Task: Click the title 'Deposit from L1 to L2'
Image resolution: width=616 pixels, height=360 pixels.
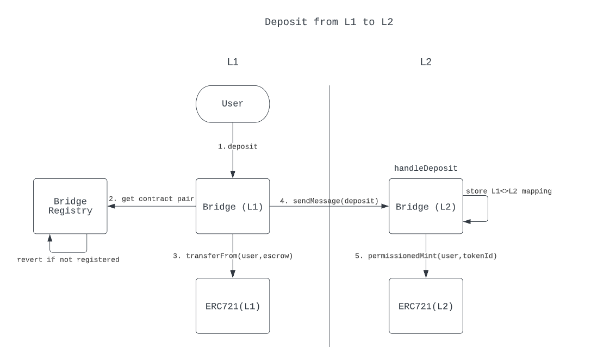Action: pyautogui.click(x=328, y=22)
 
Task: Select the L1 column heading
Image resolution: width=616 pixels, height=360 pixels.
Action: pyautogui.click(x=232, y=62)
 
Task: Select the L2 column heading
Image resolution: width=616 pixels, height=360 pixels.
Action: pyautogui.click(x=425, y=62)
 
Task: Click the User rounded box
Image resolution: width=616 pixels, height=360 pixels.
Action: pyautogui.click(x=233, y=104)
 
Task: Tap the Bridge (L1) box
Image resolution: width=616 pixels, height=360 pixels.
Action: pyautogui.click(x=233, y=207)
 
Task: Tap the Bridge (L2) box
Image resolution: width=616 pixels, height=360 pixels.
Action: pyautogui.click(x=426, y=207)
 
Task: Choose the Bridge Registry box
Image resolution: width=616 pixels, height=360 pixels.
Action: pyautogui.click(x=70, y=207)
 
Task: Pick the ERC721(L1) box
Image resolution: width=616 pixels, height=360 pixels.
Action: pyautogui.click(x=233, y=306)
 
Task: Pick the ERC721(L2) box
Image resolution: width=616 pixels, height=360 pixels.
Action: pyautogui.click(x=426, y=306)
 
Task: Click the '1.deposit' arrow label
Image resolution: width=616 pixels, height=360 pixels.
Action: pyautogui.click(x=238, y=147)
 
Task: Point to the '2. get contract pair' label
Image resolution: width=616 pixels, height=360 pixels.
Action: pyautogui.click(x=151, y=199)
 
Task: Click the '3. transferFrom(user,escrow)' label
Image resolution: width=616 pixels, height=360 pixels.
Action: pyautogui.click(x=233, y=256)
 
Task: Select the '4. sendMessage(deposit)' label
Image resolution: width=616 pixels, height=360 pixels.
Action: pyautogui.click(x=329, y=201)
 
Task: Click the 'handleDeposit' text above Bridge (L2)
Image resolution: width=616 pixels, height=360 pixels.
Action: pyautogui.click(x=426, y=169)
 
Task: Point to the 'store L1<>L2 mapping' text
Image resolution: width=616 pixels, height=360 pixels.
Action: pyautogui.click(x=508, y=191)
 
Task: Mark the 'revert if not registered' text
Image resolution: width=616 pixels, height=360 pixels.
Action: pyautogui.click(x=68, y=259)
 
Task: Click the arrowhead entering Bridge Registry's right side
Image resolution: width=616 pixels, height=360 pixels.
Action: pyautogui.click(x=110, y=207)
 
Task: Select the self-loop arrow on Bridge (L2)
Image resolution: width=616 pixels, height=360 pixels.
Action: pyautogui.click(x=487, y=209)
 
